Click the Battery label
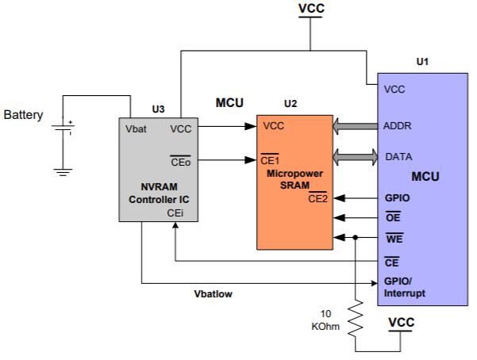pos(23,116)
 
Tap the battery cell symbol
pos(63,127)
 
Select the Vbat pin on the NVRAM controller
pos(137,128)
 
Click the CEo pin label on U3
pos(180,162)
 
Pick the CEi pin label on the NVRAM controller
pos(176,213)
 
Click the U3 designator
pos(158,109)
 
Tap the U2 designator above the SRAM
pos(290,104)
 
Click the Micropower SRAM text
pos(293,178)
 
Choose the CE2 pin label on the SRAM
pos(318,197)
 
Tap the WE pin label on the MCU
pos(394,237)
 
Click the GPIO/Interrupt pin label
pos(404,287)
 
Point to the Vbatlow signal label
pos(213,293)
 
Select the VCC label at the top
pos(311,10)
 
